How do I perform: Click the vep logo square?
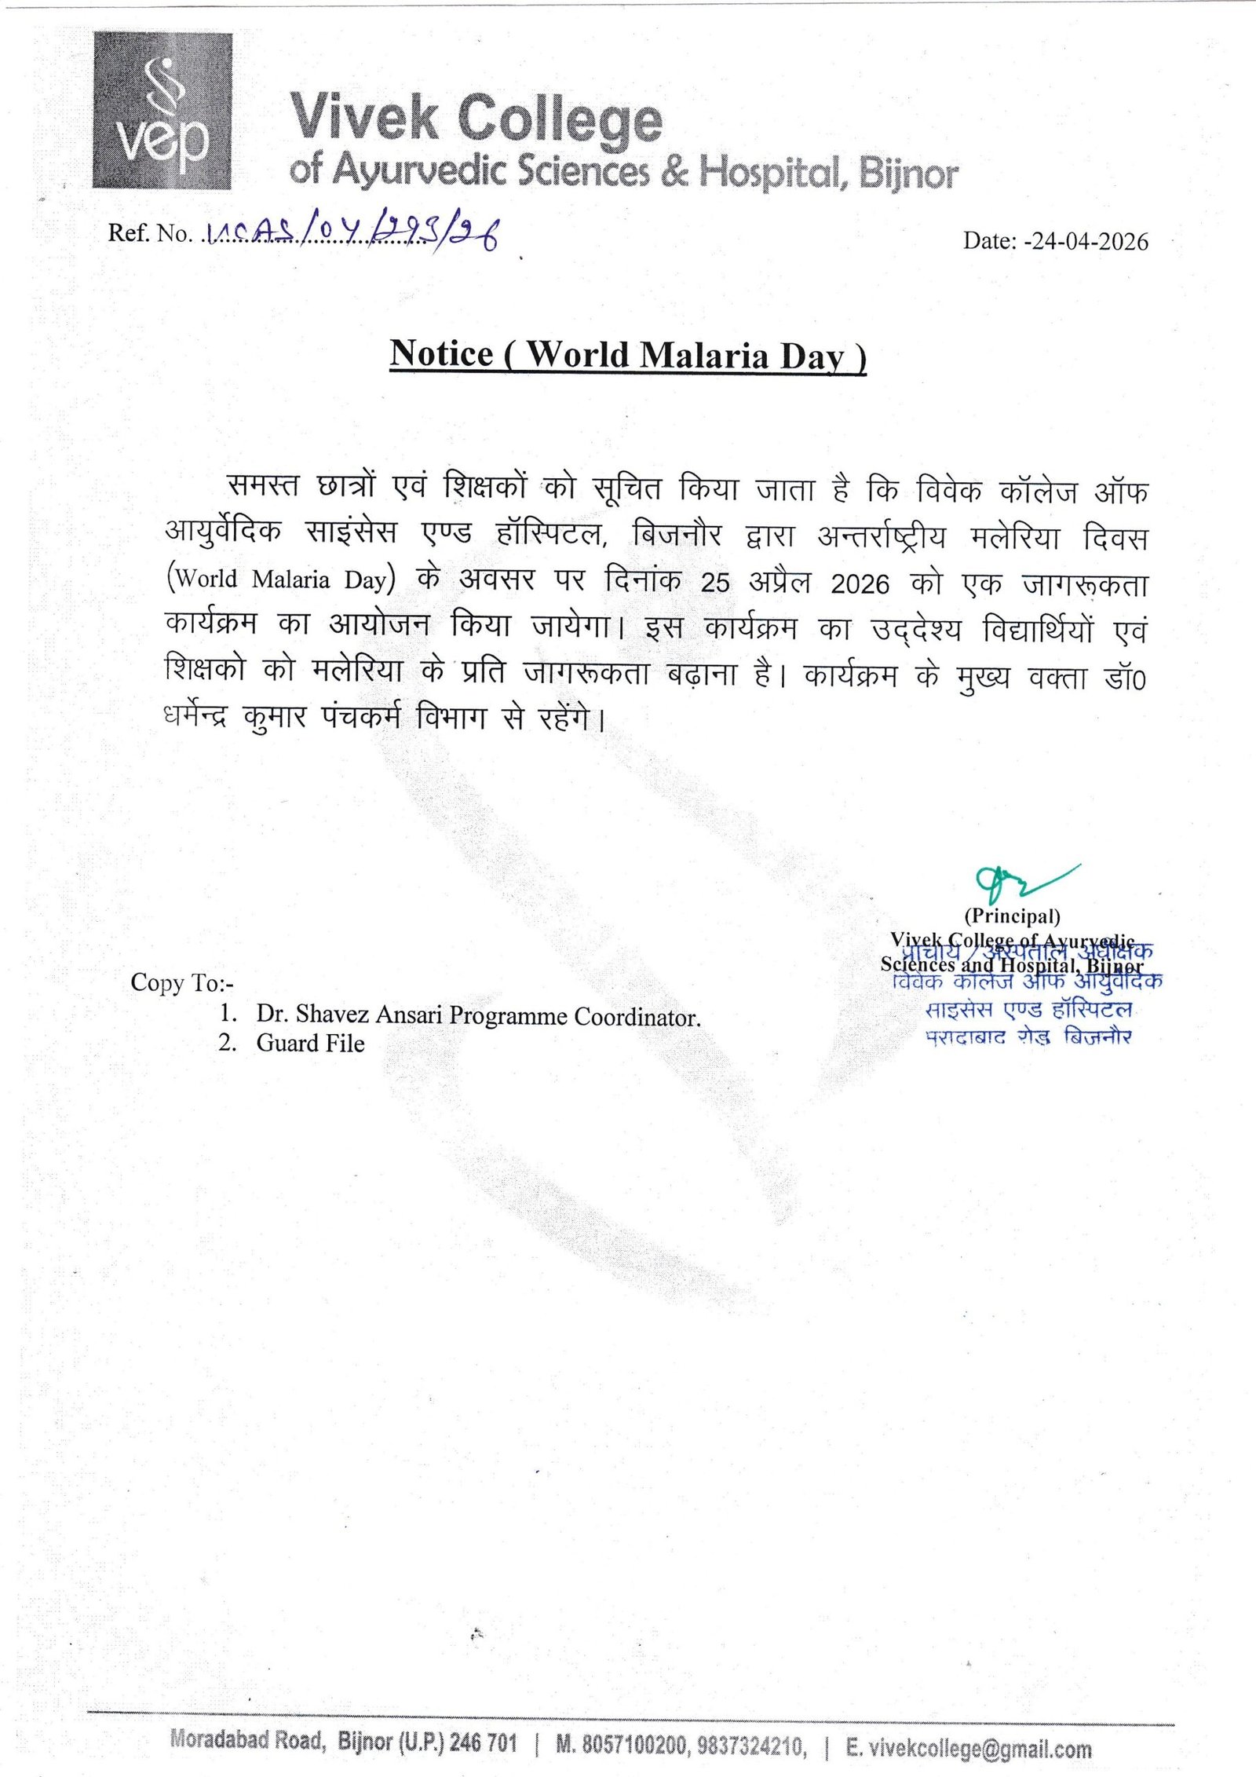click(x=162, y=111)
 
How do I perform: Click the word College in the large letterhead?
click(x=560, y=120)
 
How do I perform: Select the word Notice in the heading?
click(x=441, y=353)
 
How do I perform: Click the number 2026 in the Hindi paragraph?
click(x=860, y=583)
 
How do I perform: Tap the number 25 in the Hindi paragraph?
click(x=715, y=583)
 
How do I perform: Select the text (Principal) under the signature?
click(x=1012, y=916)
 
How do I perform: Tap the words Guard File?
click(x=310, y=1044)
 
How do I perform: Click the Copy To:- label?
click(x=182, y=983)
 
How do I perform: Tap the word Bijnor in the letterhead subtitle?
click(x=908, y=173)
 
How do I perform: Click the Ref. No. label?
click(x=149, y=233)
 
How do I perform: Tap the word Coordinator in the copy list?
click(x=637, y=1018)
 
